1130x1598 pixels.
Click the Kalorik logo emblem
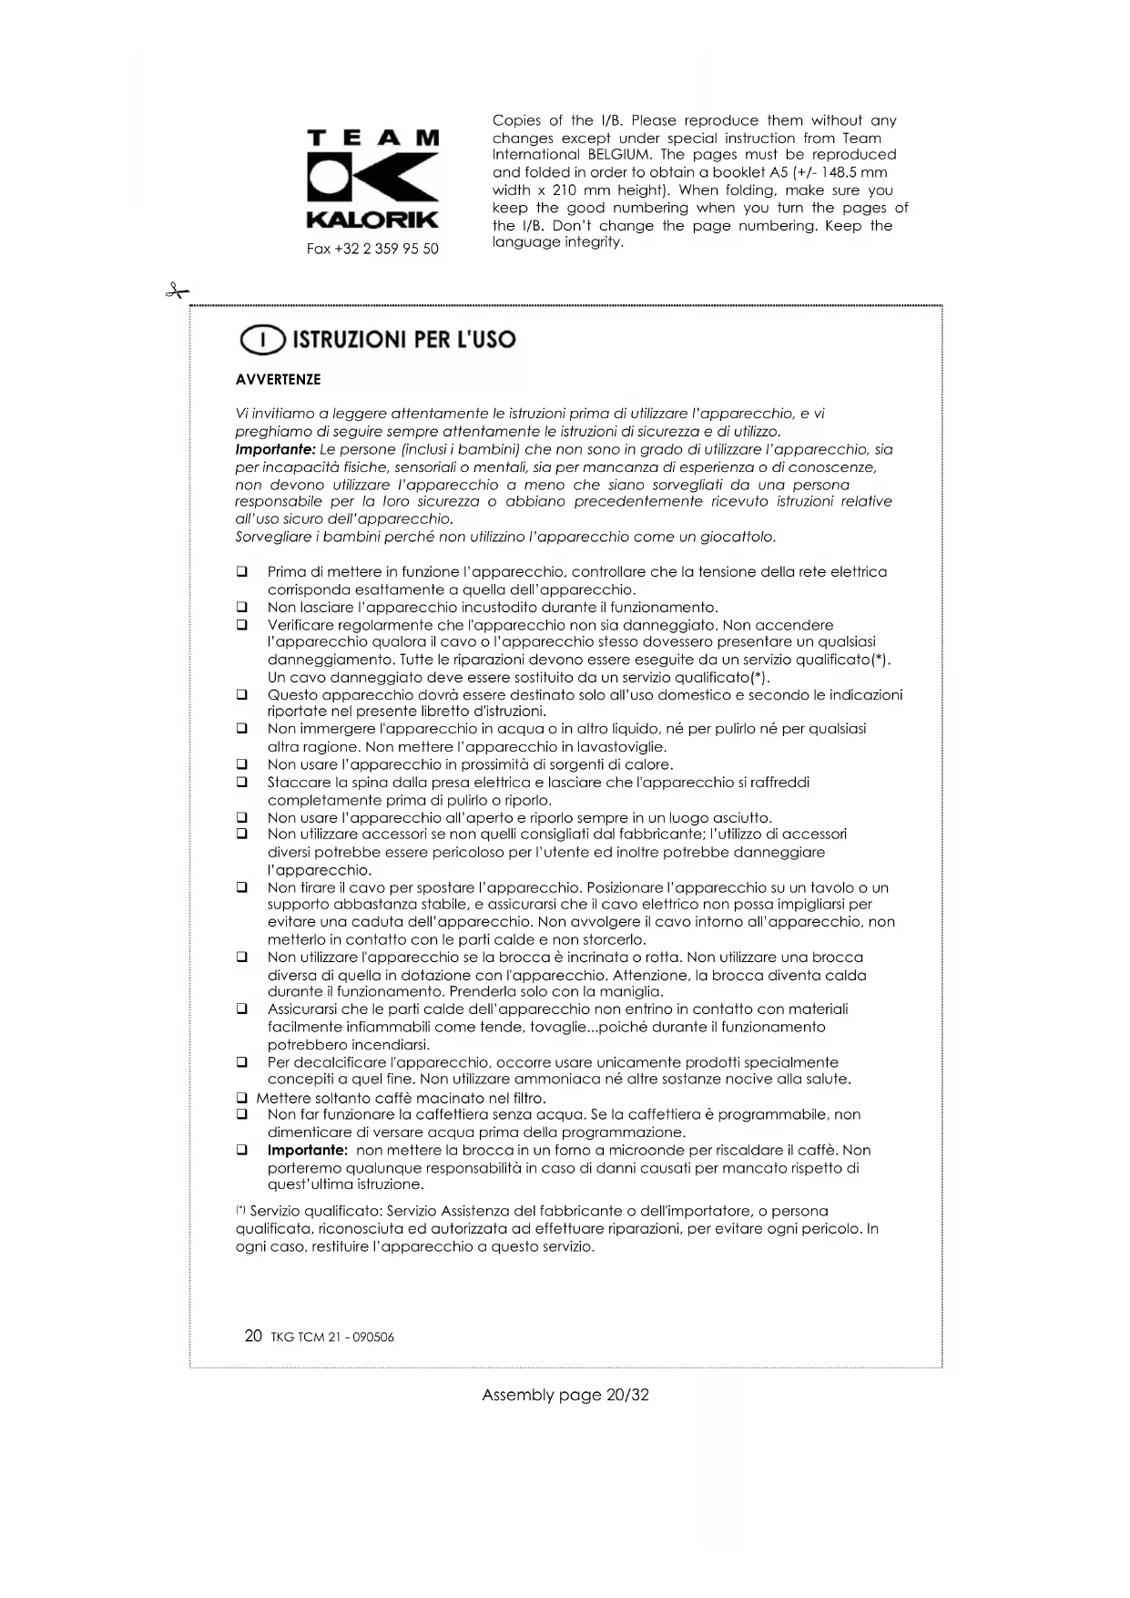click(372, 179)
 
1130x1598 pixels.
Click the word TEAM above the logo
click(372, 138)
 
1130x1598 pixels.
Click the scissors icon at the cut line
click(177, 292)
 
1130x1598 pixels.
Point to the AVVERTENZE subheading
click(278, 380)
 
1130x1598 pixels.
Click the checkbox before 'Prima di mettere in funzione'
click(242, 572)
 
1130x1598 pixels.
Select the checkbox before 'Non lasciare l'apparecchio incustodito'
click(242, 608)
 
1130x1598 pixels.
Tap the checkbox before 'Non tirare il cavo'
click(242, 887)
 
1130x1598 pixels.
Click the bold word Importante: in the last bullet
click(308, 1151)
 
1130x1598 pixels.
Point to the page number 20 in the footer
click(253, 1336)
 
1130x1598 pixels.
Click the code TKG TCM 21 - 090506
click(332, 1337)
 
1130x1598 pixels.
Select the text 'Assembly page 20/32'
click(565, 1395)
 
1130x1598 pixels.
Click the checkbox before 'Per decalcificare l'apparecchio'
click(242, 1062)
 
